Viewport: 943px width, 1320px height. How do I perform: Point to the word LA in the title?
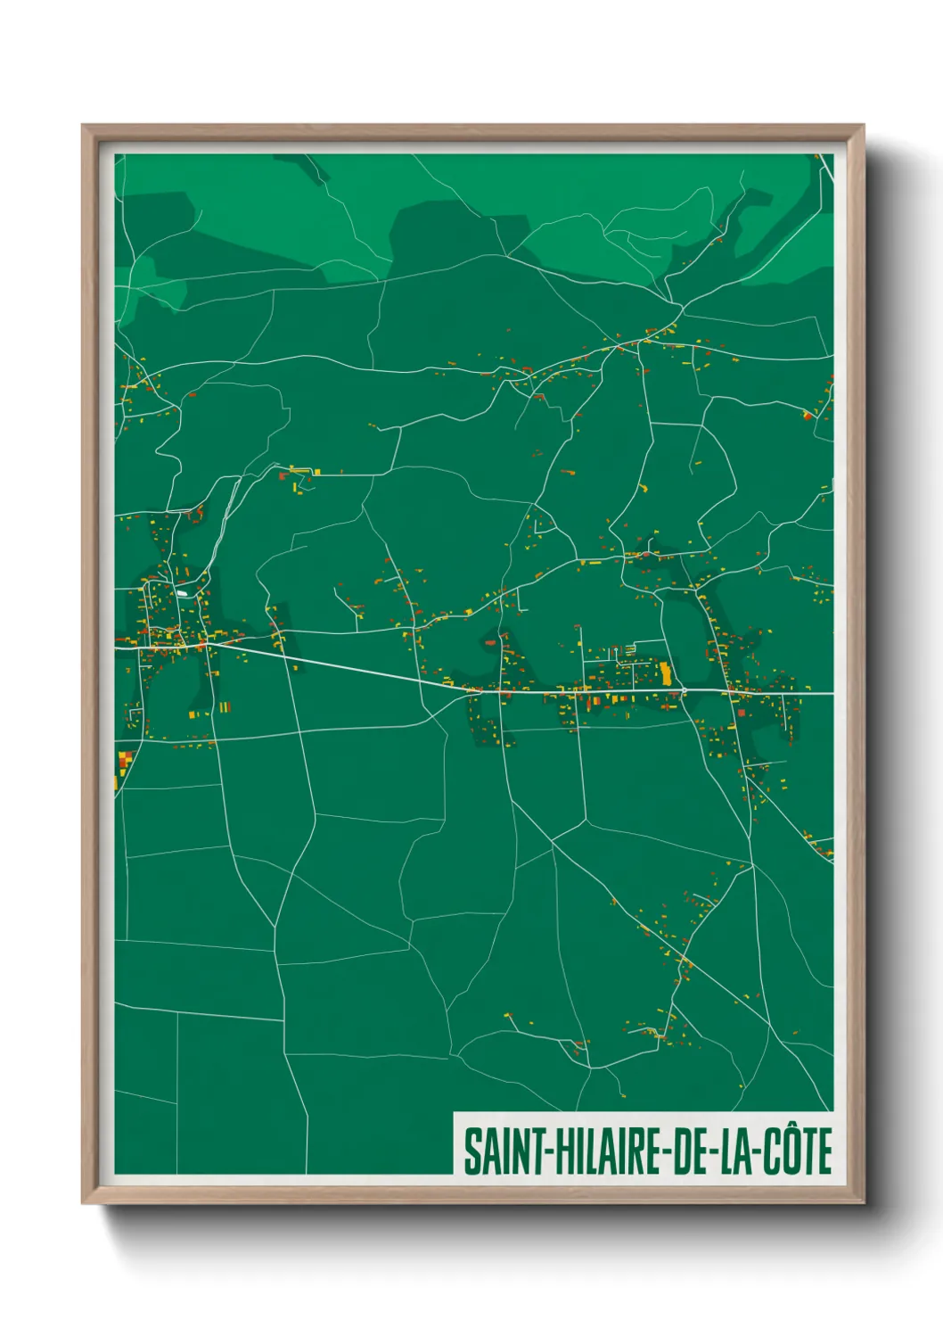[x=735, y=1151]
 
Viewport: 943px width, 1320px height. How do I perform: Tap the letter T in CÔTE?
[x=808, y=1151]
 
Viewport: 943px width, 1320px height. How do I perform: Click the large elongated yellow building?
[x=665, y=672]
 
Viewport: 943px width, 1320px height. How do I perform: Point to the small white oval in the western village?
[x=182, y=592]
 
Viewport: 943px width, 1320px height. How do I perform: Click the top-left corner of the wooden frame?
[x=84, y=127]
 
